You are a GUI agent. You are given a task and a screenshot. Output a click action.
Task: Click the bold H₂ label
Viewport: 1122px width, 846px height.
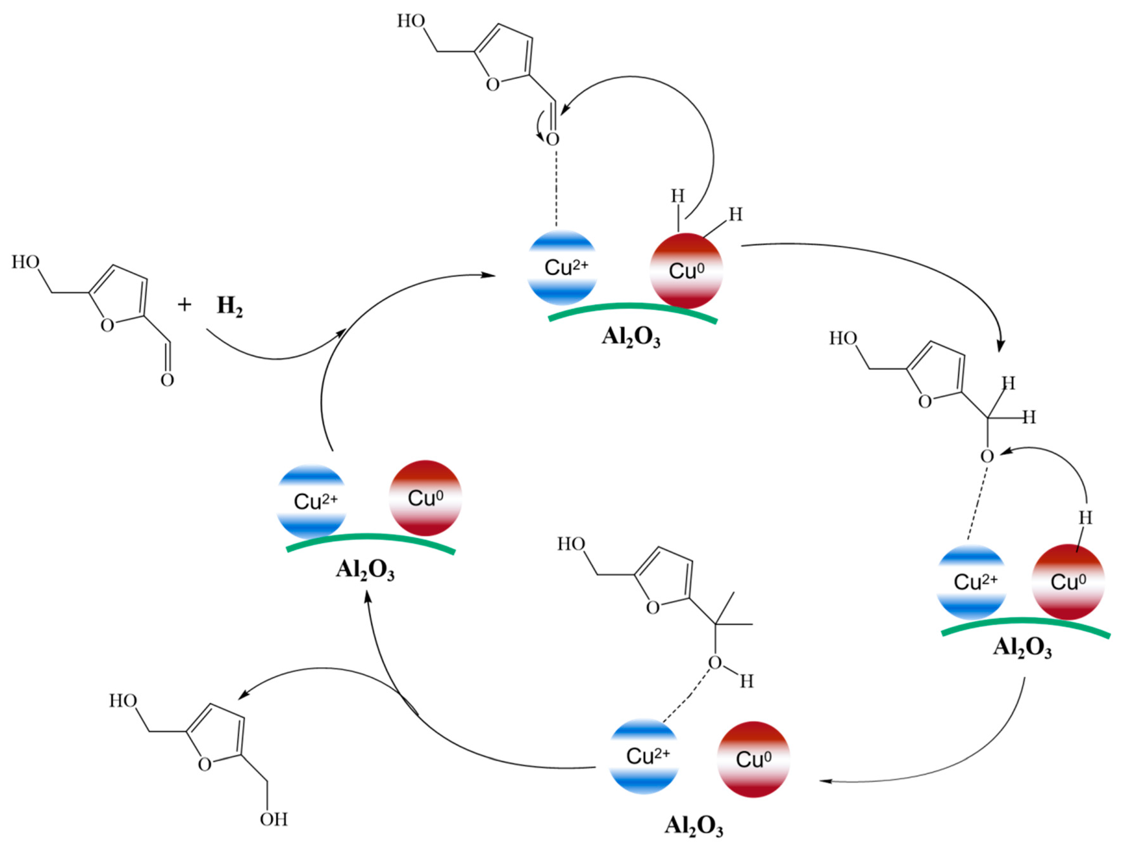(229, 306)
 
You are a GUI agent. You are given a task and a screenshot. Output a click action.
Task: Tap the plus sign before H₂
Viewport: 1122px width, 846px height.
(185, 305)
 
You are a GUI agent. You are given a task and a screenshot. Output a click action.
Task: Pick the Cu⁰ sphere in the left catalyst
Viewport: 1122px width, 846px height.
(425, 498)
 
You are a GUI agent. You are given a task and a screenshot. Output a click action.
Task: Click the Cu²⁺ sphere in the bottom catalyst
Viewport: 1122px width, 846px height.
(644, 756)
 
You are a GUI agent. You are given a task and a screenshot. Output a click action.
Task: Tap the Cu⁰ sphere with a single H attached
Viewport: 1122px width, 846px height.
(1068, 582)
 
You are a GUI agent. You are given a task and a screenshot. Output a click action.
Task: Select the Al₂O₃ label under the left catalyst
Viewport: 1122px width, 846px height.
(365, 569)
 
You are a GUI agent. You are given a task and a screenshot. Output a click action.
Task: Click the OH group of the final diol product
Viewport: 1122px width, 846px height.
(273, 819)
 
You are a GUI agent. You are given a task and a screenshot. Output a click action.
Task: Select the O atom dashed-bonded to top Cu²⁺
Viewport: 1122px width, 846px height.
(553, 139)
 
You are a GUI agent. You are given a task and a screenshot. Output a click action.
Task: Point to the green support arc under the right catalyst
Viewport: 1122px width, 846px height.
(1025, 622)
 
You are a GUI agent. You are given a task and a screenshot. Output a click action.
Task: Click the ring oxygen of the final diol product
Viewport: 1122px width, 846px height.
(205, 764)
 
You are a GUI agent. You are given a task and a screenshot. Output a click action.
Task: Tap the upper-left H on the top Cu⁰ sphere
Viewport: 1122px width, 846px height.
(678, 196)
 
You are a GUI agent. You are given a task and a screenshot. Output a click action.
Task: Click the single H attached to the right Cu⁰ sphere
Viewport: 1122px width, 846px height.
(1085, 518)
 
